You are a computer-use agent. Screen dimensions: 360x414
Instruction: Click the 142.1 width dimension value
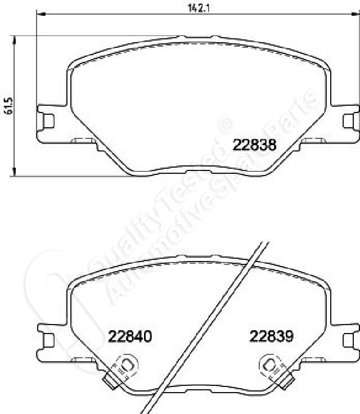tap(199, 8)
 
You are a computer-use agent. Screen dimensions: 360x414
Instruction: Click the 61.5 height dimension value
tap(8, 106)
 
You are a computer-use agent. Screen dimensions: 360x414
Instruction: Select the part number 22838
tap(254, 145)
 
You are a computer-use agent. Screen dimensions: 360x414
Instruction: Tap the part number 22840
tap(130, 336)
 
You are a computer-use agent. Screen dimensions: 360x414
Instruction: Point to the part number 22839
tap(271, 336)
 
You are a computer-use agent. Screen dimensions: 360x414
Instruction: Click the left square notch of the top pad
tap(48, 121)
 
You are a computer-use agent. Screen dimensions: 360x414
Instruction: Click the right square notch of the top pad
tap(348, 121)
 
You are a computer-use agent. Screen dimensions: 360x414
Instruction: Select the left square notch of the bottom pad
tap(48, 340)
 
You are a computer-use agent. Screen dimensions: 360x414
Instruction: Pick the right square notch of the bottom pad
tap(348, 340)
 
